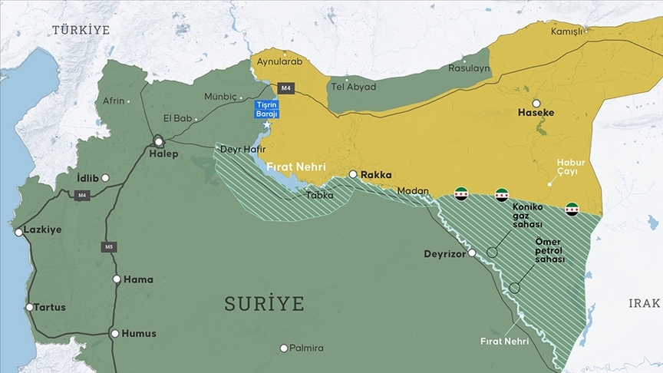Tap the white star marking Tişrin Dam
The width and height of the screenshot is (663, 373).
pos(267,124)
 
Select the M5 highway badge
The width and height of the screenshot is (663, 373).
pos(109,246)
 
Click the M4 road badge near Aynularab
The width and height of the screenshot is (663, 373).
pos(286,87)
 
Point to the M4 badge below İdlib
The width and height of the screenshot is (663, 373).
pos(81,195)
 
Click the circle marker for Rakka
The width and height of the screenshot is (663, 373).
pos(353,175)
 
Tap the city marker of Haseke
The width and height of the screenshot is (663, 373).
pos(536,103)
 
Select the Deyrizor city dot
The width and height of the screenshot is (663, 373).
pos(473,253)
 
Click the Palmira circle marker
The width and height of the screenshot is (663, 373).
pos(284,348)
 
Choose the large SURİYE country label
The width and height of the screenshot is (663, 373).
pos(264,303)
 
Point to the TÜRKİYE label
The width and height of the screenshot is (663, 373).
pos(81,30)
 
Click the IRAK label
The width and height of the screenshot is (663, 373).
pos(644,303)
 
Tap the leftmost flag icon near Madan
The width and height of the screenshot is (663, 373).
pos(461,194)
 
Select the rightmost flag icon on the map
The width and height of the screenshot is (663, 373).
pos(572,209)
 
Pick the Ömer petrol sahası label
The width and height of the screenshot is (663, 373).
pos(549,251)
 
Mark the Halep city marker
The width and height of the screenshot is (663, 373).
pos(159,141)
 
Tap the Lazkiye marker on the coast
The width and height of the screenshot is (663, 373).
pos(18,231)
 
